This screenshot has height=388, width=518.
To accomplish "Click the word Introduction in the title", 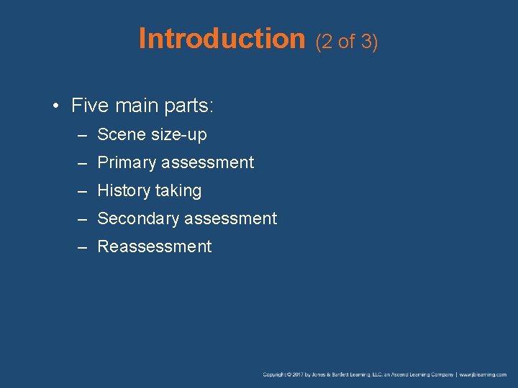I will pos(222,39).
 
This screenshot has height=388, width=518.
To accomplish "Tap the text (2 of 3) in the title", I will pos(347,42).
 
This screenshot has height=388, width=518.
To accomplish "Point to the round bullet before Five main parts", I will pos(55,107).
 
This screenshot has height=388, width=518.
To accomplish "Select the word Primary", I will pos(126,163).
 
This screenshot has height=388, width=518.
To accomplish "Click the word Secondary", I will pos(135,218).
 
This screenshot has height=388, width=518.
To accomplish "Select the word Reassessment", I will pos(154,246).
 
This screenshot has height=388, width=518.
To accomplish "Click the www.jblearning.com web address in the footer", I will pos(483,374).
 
